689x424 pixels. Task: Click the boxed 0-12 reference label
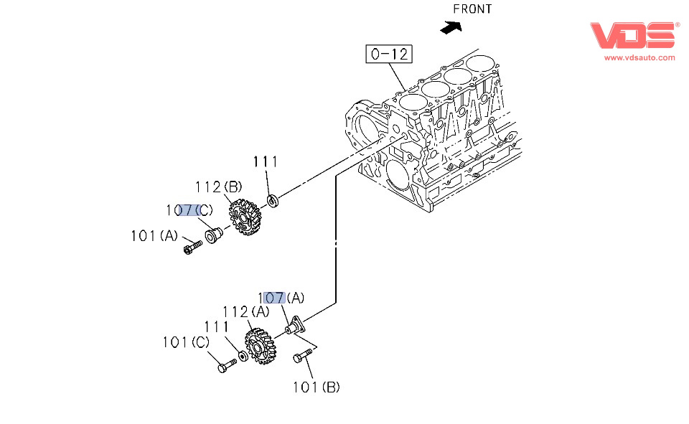(389, 54)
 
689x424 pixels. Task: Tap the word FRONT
(472, 9)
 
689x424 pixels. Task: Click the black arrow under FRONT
(451, 27)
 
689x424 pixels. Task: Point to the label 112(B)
(219, 187)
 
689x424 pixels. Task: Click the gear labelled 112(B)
(245, 217)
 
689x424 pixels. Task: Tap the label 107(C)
(189, 210)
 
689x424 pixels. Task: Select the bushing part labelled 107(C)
(214, 235)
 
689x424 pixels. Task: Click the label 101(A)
(154, 236)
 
